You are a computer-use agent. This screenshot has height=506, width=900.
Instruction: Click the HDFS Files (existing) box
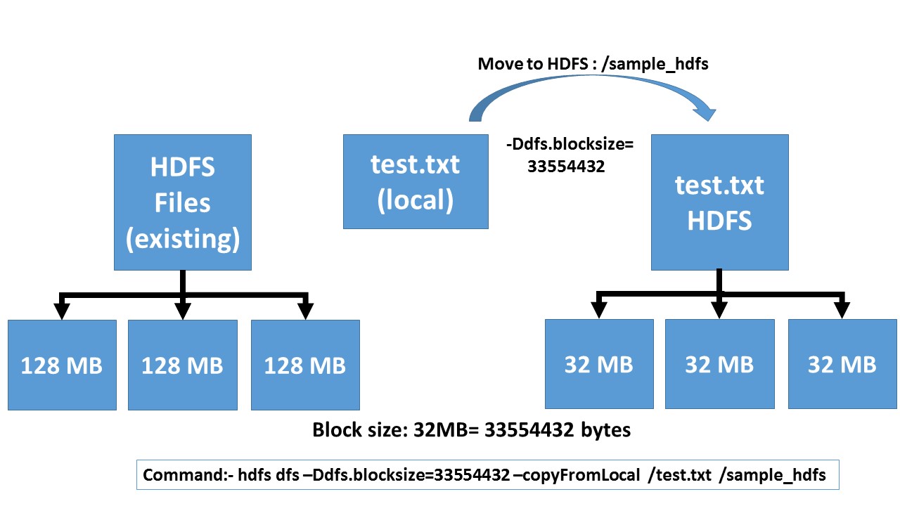[182, 202]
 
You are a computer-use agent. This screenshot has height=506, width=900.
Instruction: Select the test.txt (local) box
[416, 182]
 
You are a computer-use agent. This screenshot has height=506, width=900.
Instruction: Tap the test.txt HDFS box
[719, 202]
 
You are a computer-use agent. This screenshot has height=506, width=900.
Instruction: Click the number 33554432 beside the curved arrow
[566, 168]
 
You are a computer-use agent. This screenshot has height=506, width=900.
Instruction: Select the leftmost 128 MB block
[62, 365]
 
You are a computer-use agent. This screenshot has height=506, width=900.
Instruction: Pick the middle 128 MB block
[182, 365]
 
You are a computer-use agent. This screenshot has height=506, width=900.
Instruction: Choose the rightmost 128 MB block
[305, 365]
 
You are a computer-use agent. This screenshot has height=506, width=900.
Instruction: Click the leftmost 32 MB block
[599, 363]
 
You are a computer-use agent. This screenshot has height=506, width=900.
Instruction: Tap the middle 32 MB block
[719, 363]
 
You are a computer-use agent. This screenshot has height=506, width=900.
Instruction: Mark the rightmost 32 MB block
[842, 363]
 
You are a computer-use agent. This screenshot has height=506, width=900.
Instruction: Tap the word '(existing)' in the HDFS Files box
[183, 239]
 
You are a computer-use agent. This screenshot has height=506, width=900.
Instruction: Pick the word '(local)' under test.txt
[416, 200]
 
